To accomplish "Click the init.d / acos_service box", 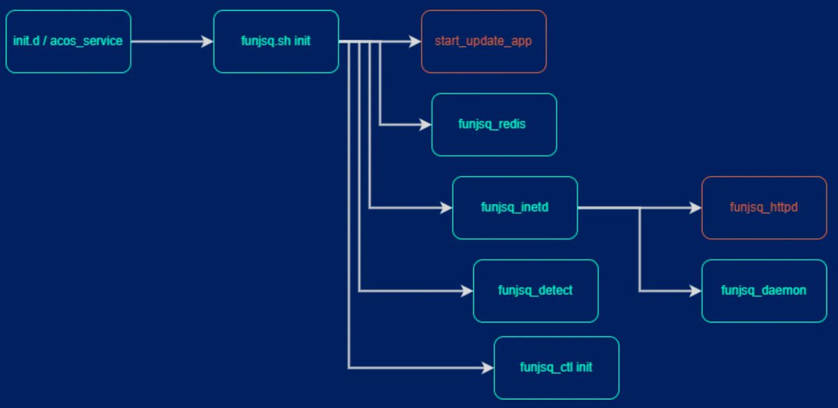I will pos(68,41).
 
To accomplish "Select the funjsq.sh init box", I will pos(276,41).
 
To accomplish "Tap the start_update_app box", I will pos(483,41).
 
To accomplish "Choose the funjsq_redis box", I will pos(494,124).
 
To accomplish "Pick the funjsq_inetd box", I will pos(515,207).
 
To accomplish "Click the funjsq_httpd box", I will pos(764,207).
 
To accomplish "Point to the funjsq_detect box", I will pos(536,291).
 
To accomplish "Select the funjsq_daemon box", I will pos(764,291).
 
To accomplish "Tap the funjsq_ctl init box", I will pos(556,367).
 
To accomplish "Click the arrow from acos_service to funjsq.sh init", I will pos(172,41).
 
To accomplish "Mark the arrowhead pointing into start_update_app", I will pos(416,41).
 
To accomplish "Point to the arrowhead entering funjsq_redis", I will pos(426,124).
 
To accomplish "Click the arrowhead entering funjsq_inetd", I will pos(447,207).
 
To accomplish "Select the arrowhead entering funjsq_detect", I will pos(467,291).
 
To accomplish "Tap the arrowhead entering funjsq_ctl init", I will pos(488,367).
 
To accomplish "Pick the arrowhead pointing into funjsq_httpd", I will pos(696,207).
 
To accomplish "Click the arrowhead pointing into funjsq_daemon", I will pos(696,291).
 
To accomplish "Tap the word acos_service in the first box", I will pos(91,41).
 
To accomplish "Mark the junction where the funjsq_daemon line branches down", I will pos(640,207).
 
